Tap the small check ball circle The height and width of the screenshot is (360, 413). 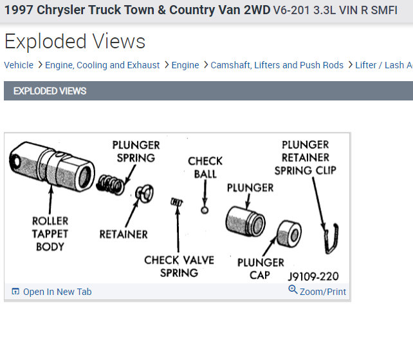205,209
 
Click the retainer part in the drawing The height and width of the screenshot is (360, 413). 144,193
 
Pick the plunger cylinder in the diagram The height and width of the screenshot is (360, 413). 244,220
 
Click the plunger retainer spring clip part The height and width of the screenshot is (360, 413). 332,234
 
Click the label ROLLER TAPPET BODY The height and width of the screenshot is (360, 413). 50,234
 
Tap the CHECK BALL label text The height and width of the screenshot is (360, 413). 205,167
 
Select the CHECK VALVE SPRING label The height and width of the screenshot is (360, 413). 179,266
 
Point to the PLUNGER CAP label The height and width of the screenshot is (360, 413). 261,269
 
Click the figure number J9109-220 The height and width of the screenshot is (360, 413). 313,277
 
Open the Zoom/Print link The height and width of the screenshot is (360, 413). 322,292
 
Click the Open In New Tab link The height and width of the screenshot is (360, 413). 57,292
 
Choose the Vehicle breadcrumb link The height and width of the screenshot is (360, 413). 19,65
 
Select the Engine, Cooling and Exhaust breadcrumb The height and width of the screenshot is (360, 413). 102,65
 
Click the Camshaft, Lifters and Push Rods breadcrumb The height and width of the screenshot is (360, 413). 277,65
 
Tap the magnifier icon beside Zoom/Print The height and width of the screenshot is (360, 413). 293,290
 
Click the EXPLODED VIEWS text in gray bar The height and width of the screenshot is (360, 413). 50,91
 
